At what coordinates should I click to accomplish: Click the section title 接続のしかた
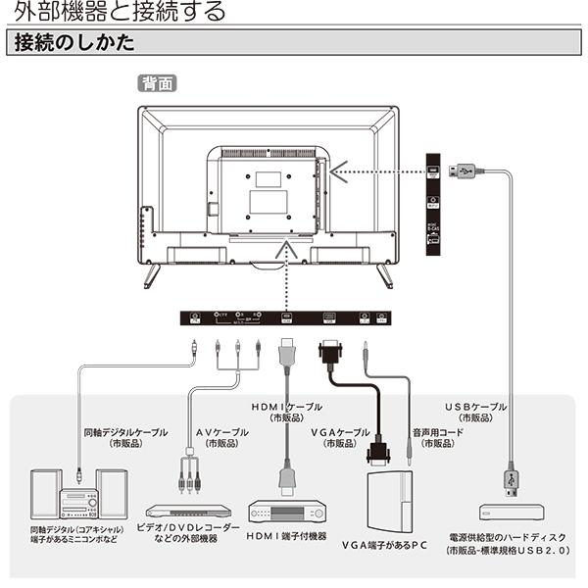pos(69,45)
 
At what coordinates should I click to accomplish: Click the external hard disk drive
pos(511,512)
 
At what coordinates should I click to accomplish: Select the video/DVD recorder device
pos(188,511)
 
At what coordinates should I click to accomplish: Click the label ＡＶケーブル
pos(221,432)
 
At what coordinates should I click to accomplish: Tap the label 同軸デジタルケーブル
pos(125,432)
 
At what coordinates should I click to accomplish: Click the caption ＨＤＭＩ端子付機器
pos(286,536)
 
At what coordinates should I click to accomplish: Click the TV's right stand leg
pos(384,276)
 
